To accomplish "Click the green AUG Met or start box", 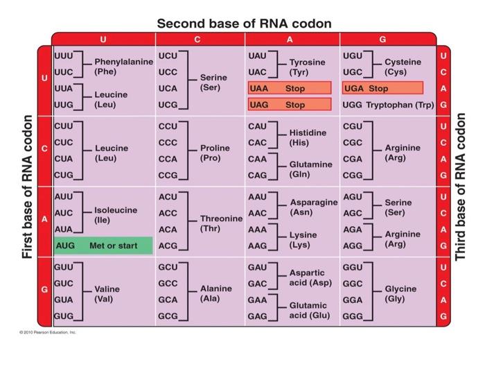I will coord(103,245).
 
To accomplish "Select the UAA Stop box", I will coord(289,89).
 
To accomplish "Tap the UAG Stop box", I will coord(289,105).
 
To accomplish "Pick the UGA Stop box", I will coord(382,89).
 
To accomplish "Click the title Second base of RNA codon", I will coord(244,24).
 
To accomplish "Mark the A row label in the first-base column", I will coord(44,220).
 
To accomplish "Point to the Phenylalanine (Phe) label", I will coord(123,67).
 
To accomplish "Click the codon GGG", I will coord(353,316).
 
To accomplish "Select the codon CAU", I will coord(258,126).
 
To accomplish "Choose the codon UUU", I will coord(64,55).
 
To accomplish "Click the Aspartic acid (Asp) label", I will coord(310,278).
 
